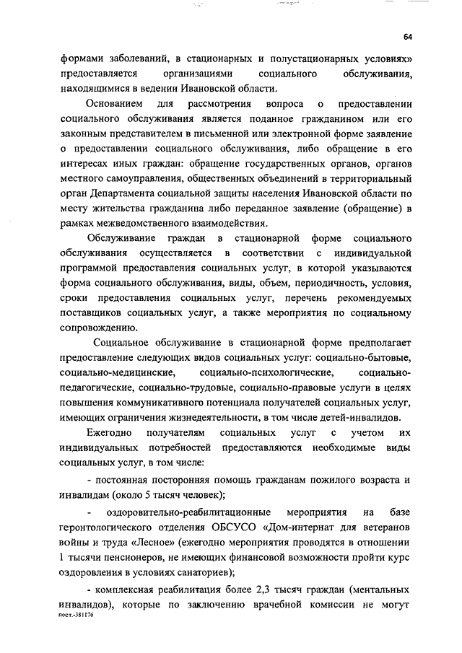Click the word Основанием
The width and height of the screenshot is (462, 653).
click(115, 105)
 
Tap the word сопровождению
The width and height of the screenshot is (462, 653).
click(99, 327)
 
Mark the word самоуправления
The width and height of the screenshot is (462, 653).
click(138, 178)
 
